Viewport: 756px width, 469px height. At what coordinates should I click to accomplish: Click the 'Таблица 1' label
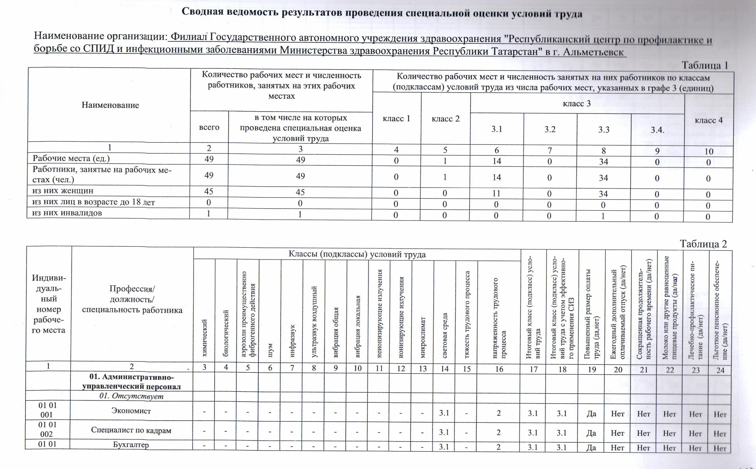tap(704, 65)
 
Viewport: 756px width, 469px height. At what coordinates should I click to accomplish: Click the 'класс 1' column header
tap(397, 119)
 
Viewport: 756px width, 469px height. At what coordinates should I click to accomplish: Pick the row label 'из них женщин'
tap(63, 191)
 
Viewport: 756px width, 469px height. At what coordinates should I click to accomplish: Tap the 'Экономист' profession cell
tap(131, 411)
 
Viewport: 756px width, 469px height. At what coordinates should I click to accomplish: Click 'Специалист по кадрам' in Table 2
tap(131, 430)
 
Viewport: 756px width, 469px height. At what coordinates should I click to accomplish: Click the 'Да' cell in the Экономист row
tap(592, 414)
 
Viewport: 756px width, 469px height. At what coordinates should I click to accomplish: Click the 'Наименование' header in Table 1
tap(110, 105)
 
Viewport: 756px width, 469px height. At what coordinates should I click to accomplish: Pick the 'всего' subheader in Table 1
tap(209, 127)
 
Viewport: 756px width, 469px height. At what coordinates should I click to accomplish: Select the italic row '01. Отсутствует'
tap(131, 396)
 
